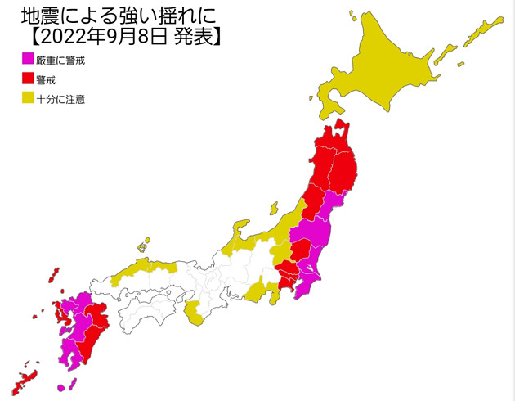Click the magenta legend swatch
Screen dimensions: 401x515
(x=27, y=59)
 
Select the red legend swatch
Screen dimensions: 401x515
(x=27, y=79)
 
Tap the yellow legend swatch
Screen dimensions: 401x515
(x=27, y=98)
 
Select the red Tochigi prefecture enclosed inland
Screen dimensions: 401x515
(x=302, y=250)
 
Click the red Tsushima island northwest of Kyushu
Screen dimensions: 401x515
(x=56, y=274)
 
